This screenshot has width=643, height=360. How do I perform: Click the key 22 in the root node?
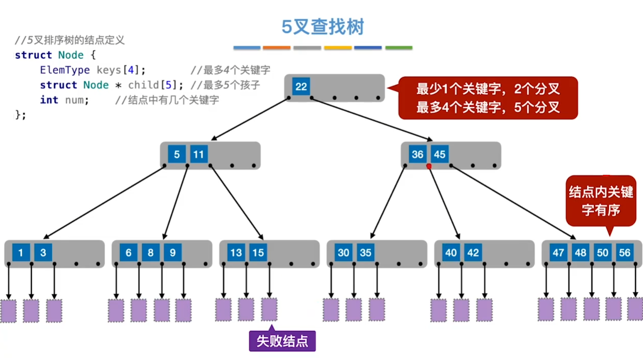[301, 87]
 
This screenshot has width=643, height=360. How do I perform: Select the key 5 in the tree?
[177, 154]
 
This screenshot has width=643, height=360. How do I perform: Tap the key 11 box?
[199, 154]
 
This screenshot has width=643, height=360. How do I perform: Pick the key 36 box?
[417, 154]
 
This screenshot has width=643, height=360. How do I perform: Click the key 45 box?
[440, 154]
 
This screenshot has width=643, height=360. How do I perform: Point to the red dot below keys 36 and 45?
[429, 166]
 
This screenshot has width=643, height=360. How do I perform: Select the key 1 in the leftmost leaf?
[21, 253]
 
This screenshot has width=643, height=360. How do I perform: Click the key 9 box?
[173, 253]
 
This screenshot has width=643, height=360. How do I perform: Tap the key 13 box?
[236, 253]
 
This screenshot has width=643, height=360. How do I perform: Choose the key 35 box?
[366, 253]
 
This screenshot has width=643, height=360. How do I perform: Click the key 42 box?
[473, 253]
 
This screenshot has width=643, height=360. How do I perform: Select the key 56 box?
[624, 253]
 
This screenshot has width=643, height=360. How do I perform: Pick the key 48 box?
[580, 253]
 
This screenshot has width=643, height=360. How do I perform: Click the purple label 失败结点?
[282, 341]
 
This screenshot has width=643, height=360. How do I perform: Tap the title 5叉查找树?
[322, 27]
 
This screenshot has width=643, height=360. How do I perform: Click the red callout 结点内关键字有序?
[601, 201]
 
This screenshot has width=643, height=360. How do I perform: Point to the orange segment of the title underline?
[277, 48]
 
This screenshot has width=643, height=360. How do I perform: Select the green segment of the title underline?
[398, 48]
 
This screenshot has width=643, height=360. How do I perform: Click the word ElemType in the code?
[65, 70]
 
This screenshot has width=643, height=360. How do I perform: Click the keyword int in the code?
[49, 100]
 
